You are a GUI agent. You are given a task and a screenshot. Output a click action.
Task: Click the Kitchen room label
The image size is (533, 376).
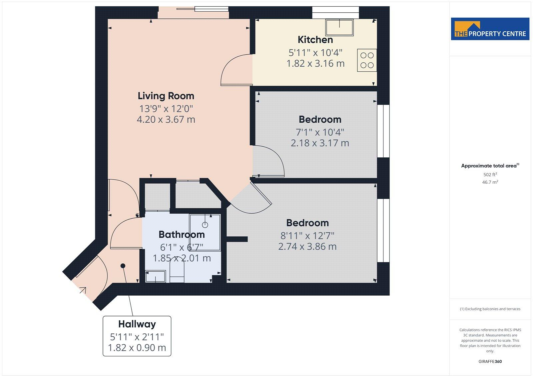coord(315,40)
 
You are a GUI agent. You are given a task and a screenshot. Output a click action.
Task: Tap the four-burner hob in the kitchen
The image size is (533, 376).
coord(367,60)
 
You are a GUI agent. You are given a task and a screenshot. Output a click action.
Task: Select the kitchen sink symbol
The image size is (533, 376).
coord(339,27)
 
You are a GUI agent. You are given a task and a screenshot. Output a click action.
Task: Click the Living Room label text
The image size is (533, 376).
coord(166,96)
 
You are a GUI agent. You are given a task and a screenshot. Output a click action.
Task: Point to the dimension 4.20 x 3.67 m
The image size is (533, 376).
coord(166,119)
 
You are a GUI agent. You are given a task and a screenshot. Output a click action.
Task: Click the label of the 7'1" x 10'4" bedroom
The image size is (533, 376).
coord(320,119)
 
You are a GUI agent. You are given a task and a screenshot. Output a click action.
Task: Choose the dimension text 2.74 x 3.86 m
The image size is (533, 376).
coord(307,247)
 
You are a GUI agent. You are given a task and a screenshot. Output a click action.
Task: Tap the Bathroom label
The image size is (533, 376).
coord(182,234)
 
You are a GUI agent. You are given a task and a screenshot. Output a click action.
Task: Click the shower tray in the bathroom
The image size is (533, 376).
coord(205,232)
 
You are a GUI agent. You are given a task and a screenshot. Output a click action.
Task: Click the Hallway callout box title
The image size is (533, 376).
coord(137,324)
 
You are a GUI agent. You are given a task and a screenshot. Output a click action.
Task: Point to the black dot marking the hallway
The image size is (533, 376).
coord(123,266)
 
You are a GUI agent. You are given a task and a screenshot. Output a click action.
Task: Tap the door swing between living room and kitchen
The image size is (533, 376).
coord(236,71)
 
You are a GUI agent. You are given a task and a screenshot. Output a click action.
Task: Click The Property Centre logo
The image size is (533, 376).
coord(490,29)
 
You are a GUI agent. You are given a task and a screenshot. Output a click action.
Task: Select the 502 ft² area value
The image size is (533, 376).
coord(490,174)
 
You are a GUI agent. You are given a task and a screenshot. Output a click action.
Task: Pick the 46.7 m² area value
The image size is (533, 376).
coord(490,182)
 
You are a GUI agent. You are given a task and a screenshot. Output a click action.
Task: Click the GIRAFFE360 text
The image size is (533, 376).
coord(490,361)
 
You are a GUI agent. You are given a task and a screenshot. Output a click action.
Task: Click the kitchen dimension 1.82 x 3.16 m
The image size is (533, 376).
coord(315,63)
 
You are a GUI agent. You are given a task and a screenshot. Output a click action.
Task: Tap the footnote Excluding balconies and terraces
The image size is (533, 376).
coord(490,309)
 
